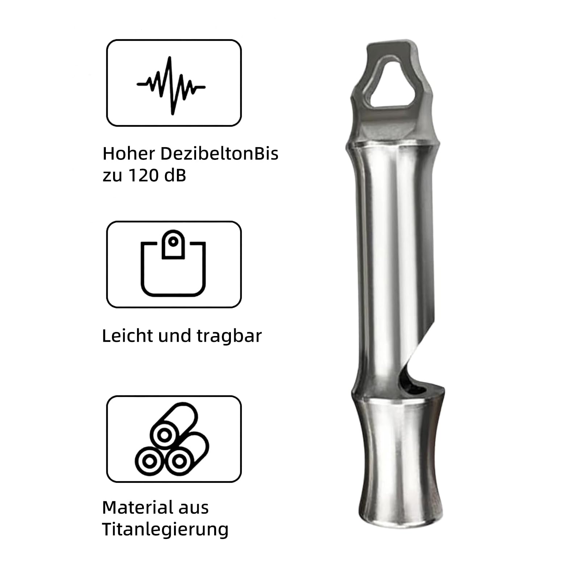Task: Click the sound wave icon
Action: coord(171,86)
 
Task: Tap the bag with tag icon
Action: coord(173,263)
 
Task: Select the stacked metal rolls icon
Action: coord(172,439)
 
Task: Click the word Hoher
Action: coord(129,153)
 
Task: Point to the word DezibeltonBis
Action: coord(219,153)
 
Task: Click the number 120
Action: coord(144,175)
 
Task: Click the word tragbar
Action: coord(229,336)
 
